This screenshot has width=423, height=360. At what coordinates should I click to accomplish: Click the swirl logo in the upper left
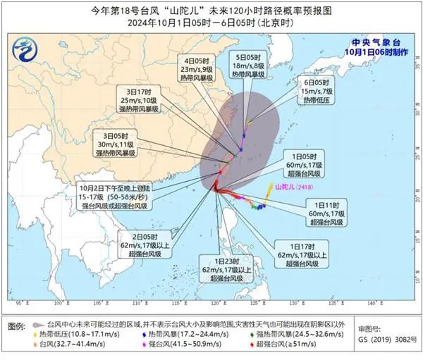pyautogui.click(x=26, y=48)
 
